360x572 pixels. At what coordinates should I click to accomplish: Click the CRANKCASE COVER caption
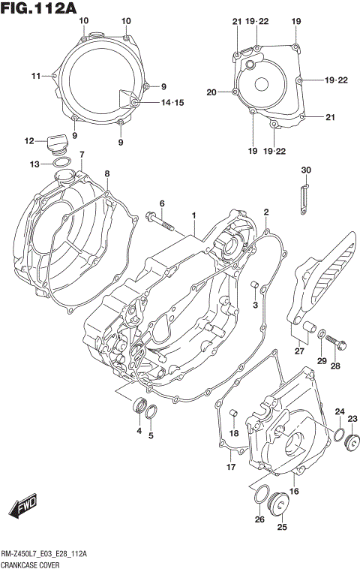(x=34, y=563)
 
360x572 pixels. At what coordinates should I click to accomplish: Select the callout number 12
(x=29, y=140)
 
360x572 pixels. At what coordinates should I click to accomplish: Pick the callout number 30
(x=305, y=170)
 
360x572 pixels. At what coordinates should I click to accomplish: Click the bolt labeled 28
(x=337, y=346)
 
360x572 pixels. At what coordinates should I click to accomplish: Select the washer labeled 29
(x=321, y=335)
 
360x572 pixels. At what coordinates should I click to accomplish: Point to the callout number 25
(x=282, y=528)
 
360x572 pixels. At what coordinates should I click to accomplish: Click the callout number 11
(x=35, y=75)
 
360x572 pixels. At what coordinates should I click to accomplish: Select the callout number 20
(x=211, y=92)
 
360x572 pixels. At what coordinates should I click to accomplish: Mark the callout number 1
(x=193, y=215)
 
